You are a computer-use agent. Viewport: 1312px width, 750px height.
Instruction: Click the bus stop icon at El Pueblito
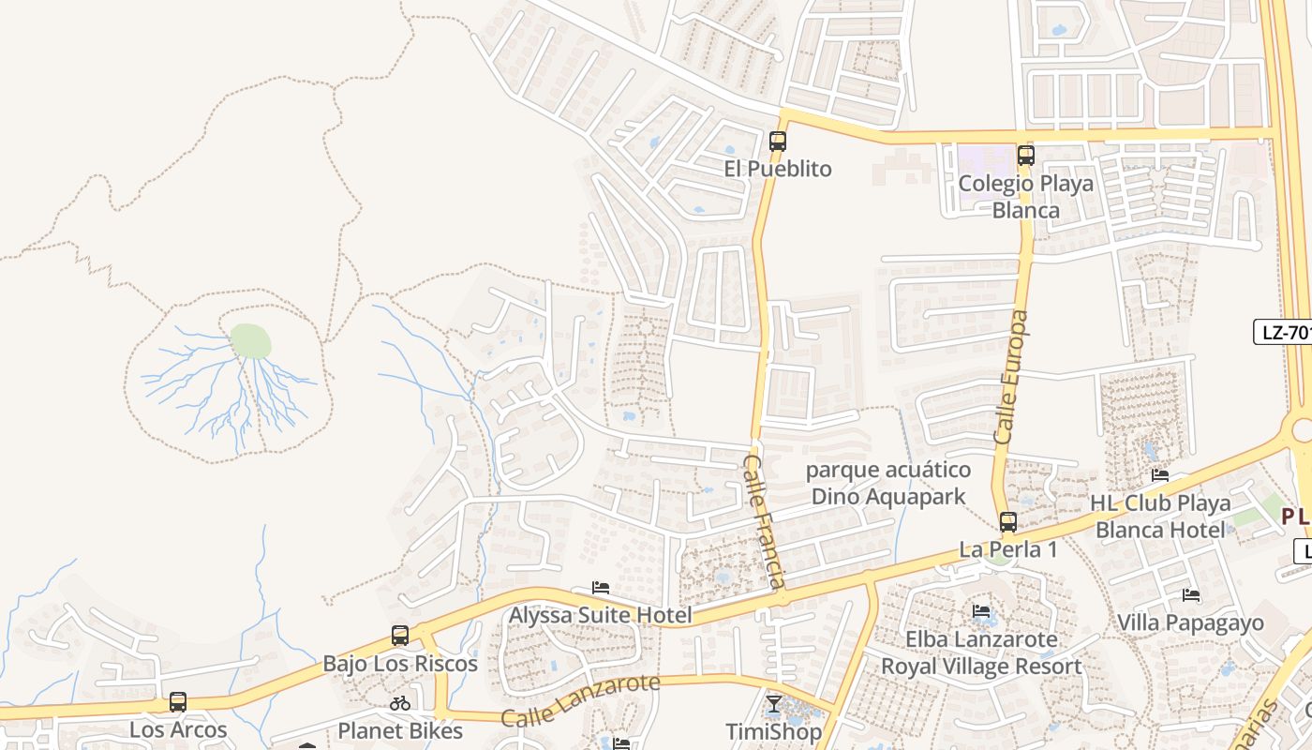click(x=778, y=142)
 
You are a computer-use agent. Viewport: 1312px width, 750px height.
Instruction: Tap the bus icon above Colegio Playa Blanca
click(x=1026, y=156)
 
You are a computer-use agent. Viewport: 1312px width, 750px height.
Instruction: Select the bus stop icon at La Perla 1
click(x=1008, y=522)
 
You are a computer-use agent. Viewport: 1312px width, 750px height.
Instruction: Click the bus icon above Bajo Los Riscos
click(x=400, y=636)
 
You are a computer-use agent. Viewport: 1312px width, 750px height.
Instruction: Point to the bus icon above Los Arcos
click(x=178, y=701)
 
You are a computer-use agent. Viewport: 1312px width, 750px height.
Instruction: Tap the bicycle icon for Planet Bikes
click(x=400, y=703)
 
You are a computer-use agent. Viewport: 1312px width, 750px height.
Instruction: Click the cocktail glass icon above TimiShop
click(x=773, y=704)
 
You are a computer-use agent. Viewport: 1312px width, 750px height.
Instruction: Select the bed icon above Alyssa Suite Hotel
click(x=601, y=588)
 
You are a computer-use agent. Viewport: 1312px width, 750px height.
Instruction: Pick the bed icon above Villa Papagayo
click(x=1191, y=594)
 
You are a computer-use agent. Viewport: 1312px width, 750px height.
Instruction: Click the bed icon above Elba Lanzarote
click(x=981, y=611)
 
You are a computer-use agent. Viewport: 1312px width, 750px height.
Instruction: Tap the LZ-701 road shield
click(x=1284, y=332)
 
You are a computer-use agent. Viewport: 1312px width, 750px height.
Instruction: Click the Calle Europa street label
click(x=1012, y=377)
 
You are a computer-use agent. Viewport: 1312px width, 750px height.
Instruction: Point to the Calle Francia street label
click(x=765, y=521)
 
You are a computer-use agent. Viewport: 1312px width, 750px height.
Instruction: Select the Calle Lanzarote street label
click(x=580, y=701)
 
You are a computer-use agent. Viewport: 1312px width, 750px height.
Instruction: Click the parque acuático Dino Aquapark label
click(x=887, y=483)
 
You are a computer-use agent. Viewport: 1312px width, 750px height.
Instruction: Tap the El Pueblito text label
click(x=778, y=169)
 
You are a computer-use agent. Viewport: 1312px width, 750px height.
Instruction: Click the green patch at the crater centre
click(x=250, y=341)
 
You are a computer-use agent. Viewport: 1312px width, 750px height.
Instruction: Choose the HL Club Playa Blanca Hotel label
click(x=1160, y=517)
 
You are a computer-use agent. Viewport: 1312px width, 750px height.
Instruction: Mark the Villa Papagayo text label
click(x=1190, y=622)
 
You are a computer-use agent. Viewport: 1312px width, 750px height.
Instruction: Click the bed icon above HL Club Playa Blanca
click(x=1160, y=475)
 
